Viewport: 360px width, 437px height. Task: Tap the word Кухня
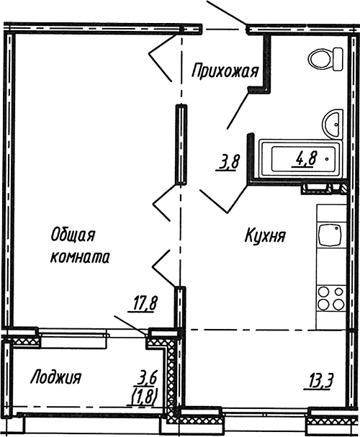click(x=265, y=235)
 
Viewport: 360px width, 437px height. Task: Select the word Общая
click(x=73, y=235)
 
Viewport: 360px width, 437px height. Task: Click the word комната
click(x=79, y=256)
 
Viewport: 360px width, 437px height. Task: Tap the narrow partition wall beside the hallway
click(x=180, y=144)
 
